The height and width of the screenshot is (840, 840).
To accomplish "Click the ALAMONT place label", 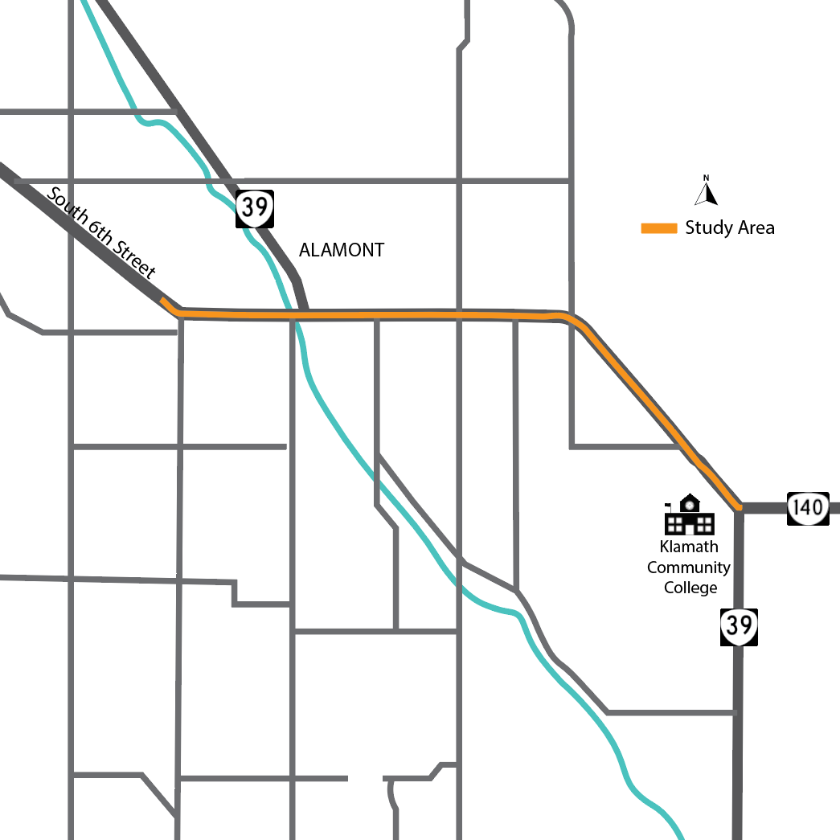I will [x=341, y=250].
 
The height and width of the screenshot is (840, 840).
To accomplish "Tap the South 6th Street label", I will [x=101, y=233].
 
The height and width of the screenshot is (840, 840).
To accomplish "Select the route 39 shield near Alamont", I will [x=255, y=209].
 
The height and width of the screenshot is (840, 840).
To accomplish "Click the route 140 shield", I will [x=807, y=507].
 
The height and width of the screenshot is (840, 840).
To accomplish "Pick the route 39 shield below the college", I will [x=739, y=627].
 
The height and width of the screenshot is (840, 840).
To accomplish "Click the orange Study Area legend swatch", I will [x=659, y=228].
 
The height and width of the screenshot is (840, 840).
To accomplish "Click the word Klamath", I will [x=689, y=547].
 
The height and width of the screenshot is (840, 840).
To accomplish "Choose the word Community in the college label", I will [x=689, y=568].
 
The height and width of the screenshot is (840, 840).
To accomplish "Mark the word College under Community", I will [x=690, y=588].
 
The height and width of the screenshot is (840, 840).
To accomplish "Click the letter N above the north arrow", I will [x=707, y=178].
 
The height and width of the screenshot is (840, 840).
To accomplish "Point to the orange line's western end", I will [x=163, y=301].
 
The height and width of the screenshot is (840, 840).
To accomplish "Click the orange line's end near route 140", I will [x=737, y=506].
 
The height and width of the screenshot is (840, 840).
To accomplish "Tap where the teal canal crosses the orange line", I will [x=294, y=315].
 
